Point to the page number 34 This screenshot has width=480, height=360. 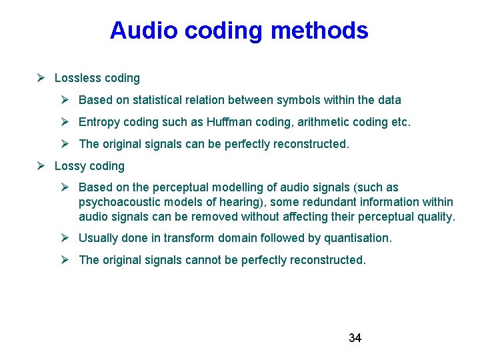click(x=355, y=338)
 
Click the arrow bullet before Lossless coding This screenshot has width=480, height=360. click(x=41, y=78)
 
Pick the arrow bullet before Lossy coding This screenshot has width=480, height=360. click(x=41, y=166)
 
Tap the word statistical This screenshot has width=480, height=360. click(x=161, y=100)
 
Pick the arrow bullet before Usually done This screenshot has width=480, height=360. click(x=65, y=238)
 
